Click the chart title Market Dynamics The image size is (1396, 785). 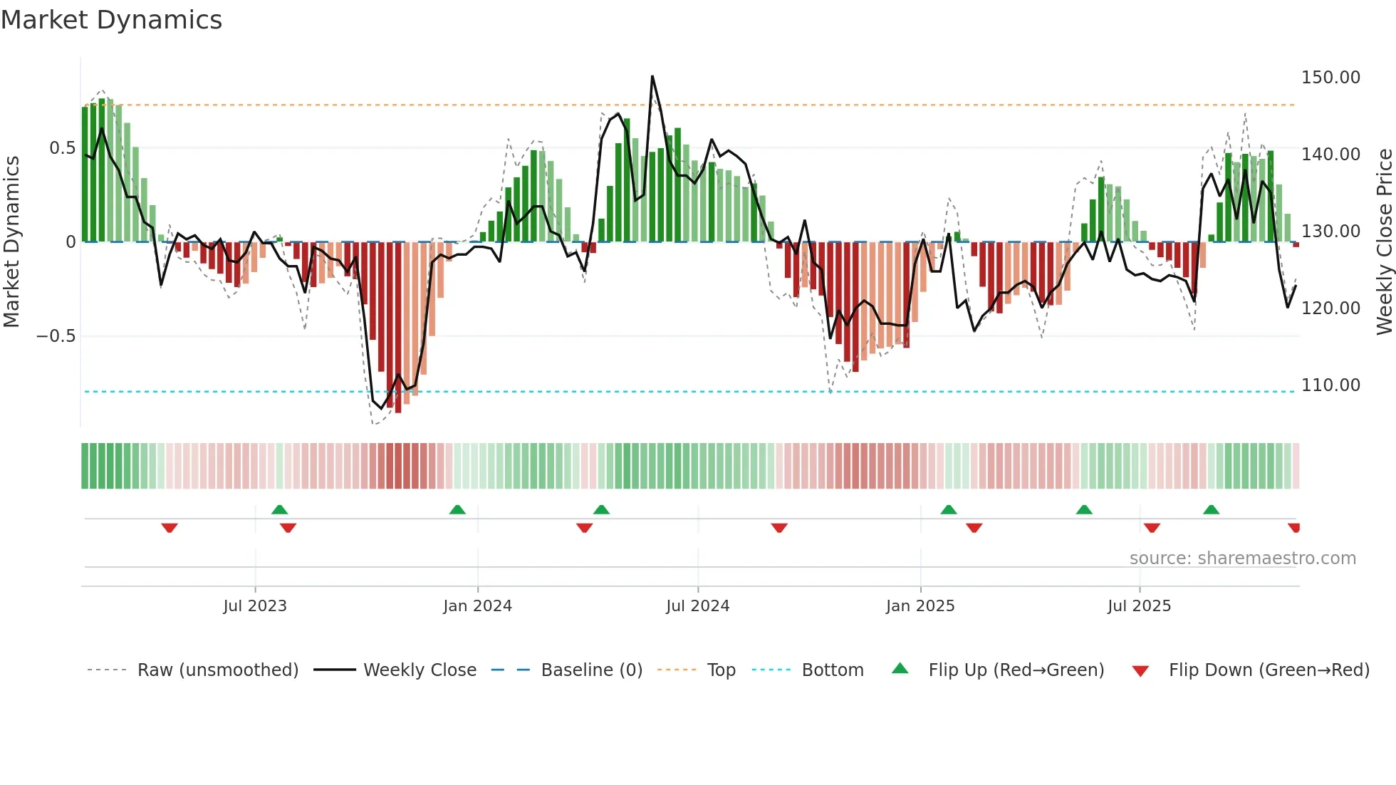111,20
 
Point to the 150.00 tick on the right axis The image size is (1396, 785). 1330,77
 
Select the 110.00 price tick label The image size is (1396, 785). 1330,385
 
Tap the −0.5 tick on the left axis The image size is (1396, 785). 56,336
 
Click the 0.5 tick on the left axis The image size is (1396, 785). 62,147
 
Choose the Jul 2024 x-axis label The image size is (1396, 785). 697,605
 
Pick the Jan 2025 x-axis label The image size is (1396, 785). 920,605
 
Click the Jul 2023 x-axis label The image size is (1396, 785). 254,605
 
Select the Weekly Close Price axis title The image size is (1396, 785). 1384,241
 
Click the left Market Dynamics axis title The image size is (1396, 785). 11,241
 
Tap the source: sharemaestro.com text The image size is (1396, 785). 1242,558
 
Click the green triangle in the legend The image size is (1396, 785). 900,668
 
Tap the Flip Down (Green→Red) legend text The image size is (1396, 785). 1269,670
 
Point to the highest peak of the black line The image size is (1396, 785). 652,76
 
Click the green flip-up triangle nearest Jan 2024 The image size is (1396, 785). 457,509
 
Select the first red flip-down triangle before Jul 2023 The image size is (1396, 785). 170,528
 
